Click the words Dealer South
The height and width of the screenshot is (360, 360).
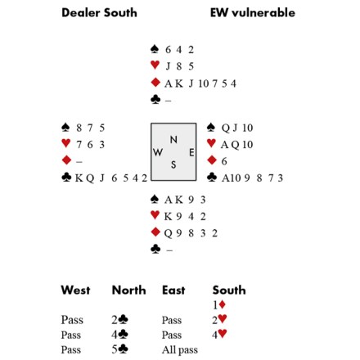[99, 13]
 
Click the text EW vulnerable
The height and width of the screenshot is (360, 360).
[253, 13]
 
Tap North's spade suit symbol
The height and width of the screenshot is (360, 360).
[155, 49]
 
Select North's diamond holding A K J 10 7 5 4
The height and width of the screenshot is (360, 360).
[200, 83]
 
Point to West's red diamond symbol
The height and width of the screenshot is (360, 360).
[67, 160]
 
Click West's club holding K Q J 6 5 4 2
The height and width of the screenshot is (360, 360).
[111, 178]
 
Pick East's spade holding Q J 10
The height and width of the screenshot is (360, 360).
[237, 128]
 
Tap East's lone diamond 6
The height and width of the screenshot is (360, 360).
[224, 161]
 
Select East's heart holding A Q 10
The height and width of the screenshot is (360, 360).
[236, 145]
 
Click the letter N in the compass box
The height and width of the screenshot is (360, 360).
[173, 140]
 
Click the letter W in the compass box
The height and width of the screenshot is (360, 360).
[158, 152]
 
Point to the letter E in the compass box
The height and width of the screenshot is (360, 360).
[191, 152]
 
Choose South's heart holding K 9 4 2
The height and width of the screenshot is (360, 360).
[185, 217]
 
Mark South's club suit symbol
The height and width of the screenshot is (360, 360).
[155, 249]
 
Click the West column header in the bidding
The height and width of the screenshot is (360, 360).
[75, 290]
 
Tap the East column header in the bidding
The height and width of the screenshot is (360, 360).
[173, 290]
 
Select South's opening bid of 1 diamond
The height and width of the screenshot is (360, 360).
[219, 304]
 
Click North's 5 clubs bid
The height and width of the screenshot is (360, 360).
[119, 349]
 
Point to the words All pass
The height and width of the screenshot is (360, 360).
[180, 349]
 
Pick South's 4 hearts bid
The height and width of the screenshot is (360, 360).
[219, 334]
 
